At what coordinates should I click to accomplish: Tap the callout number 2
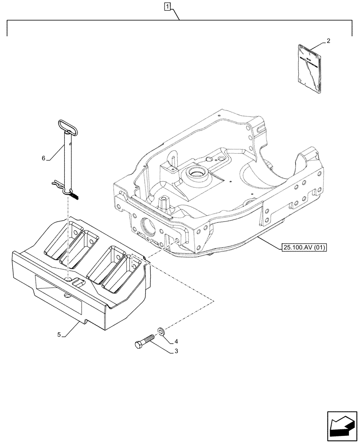click(328, 41)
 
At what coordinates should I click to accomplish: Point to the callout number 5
click(59, 334)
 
